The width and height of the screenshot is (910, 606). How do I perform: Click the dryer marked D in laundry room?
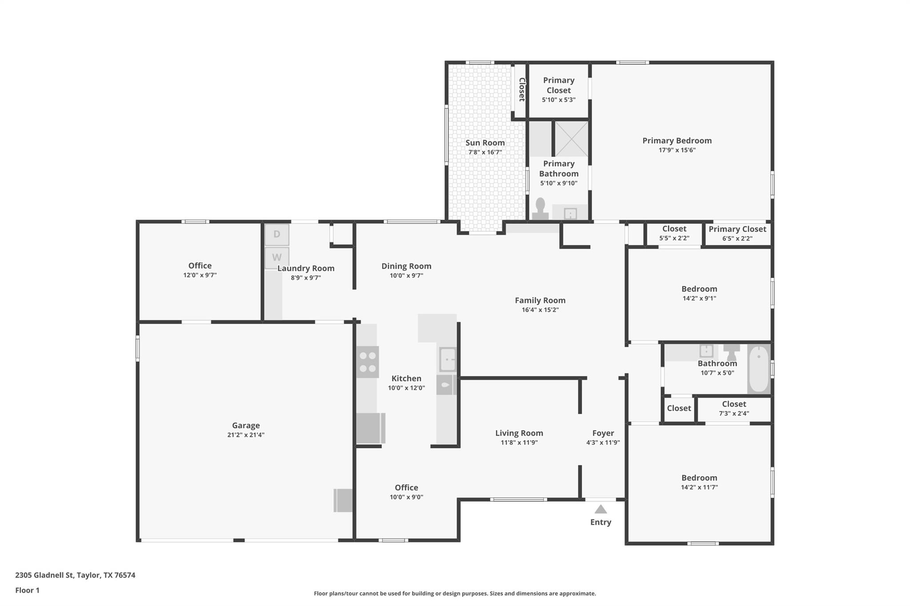click(277, 234)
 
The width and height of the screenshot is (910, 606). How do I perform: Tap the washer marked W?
click(277, 257)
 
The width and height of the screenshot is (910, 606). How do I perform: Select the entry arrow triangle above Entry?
click(600, 509)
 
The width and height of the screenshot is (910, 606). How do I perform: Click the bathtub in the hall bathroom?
click(759, 368)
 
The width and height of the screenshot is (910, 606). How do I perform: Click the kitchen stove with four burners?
click(367, 362)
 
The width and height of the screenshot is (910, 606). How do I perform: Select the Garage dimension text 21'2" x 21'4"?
click(246, 435)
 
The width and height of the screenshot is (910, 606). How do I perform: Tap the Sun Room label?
click(485, 143)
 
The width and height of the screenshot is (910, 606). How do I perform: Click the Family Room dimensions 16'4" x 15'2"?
click(540, 310)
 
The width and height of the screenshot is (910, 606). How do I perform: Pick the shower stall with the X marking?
click(571, 139)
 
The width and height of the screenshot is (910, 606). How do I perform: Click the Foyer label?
click(603, 433)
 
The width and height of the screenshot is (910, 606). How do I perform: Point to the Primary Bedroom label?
click(677, 141)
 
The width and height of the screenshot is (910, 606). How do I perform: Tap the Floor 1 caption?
click(27, 590)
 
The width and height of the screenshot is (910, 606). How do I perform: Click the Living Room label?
click(519, 433)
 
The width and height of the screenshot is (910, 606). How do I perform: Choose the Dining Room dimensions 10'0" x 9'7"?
click(406, 276)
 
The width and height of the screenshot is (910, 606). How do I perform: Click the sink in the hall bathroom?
click(706, 351)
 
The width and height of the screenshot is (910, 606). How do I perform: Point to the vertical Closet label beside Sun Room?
click(522, 89)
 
